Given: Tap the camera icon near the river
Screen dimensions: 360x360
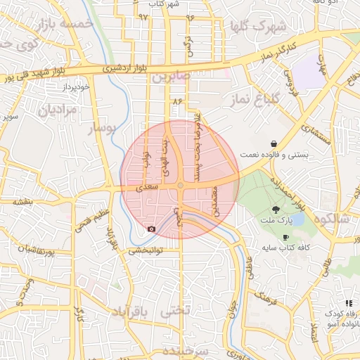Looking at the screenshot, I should (x=151, y=229).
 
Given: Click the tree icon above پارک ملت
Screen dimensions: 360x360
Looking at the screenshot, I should (x=276, y=210).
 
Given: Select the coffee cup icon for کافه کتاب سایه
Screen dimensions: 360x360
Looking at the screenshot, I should (x=285, y=238).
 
